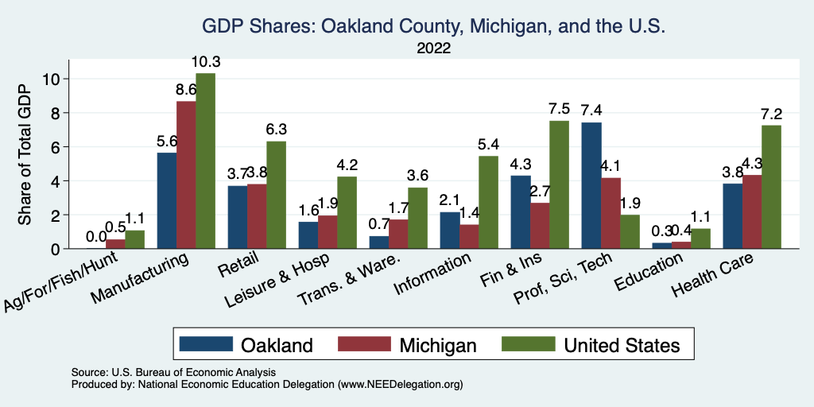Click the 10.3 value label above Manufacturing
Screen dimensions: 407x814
click(x=205, y=62)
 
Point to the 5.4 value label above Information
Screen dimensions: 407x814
click(x=488, y=145)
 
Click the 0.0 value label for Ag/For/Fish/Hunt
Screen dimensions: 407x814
click(x=96, y=236)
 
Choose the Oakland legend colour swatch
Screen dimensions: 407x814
click(x=206, y=344)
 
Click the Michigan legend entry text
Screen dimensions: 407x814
click(x=438, y=345)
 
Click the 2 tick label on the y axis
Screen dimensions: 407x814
click(x=56, y=215)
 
